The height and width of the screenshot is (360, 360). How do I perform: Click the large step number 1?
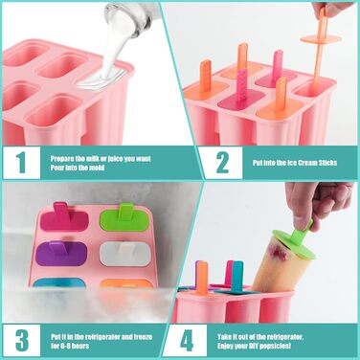coord(21,163)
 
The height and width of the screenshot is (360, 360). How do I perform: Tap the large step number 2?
coord(222,163)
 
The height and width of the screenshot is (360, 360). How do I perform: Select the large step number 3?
coord(22,341)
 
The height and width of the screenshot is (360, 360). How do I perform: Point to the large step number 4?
coord(187,341)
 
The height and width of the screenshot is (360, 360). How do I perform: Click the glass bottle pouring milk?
coord(133,16)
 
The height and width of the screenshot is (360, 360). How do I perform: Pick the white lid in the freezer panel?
coord(125,254)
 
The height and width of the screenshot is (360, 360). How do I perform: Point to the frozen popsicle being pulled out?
coord(275,262)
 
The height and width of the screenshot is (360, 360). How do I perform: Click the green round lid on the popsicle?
coord(295,243)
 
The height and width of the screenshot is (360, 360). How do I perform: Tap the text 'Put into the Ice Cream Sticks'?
coord(295,163)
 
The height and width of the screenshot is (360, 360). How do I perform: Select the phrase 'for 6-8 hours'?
coord(70,346)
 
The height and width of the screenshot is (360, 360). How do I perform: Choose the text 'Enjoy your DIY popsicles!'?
coord(254,346)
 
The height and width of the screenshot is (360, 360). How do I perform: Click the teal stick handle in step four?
coord(237,277)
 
